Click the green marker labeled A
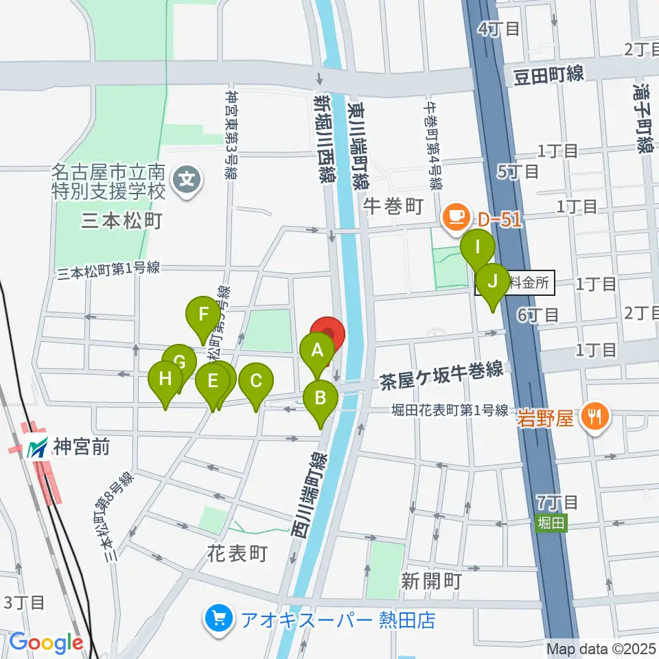click(317, 351)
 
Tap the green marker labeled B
click(320, 398)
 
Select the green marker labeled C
click(256, 381)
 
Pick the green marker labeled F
click(203, 314)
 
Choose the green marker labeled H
click(165, 379)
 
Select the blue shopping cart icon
click(219, 620)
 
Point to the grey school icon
click(187, 181)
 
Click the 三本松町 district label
click(121, 221)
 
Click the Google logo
click(47, 643)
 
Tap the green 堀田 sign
click(550, 522)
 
